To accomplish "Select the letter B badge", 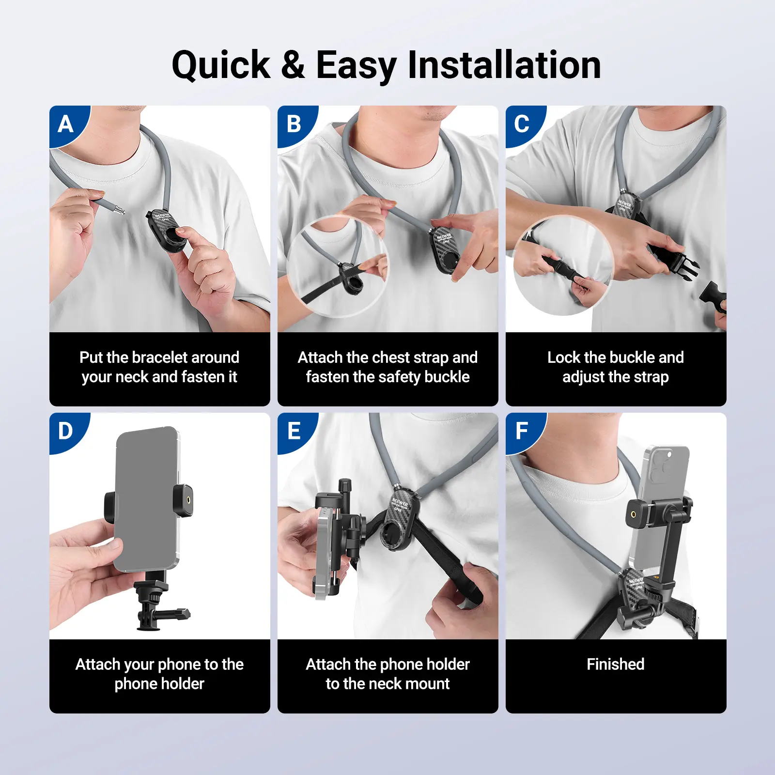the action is (x=294, y=124).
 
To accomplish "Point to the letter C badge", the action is (x=522, y=124).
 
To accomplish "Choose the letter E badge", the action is (x=294, y=431).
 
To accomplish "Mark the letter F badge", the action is (x=522, y=431).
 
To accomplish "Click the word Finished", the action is (x=616, y=664).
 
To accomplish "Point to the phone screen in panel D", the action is (x=146, y=499).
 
